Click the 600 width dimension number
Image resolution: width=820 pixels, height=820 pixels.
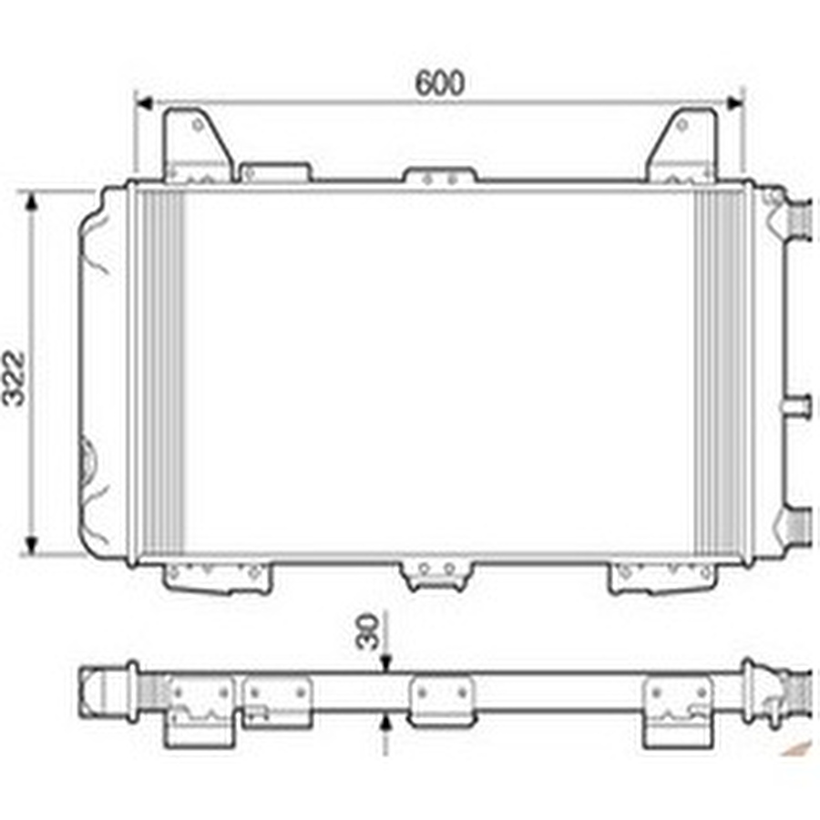click(x=440, y=83)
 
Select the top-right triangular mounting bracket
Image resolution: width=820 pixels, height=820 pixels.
click(x=682, y=146)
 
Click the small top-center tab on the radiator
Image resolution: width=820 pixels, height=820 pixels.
click(x=440, y=176)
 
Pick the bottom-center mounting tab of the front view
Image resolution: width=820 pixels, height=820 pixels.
click(x=438, y=574)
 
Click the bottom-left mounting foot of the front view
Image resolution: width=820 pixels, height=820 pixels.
click(x=217, y=576)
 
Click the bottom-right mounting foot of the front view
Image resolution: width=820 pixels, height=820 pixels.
click(x=662, y=576)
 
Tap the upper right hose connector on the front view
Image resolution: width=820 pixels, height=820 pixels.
click(x=798, y=219)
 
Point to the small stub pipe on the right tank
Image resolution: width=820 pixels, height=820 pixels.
click(x=798, y=404)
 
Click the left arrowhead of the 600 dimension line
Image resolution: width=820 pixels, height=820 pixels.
click(x=142, y=103)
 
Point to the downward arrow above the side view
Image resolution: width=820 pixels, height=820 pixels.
click(x=386, y=664)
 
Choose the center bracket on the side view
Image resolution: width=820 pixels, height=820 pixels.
click(x=440, y=701)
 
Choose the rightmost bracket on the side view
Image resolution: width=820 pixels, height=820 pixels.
click(x=677, y=711)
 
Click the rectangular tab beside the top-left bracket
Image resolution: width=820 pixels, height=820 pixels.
click(x=274, y=172)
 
